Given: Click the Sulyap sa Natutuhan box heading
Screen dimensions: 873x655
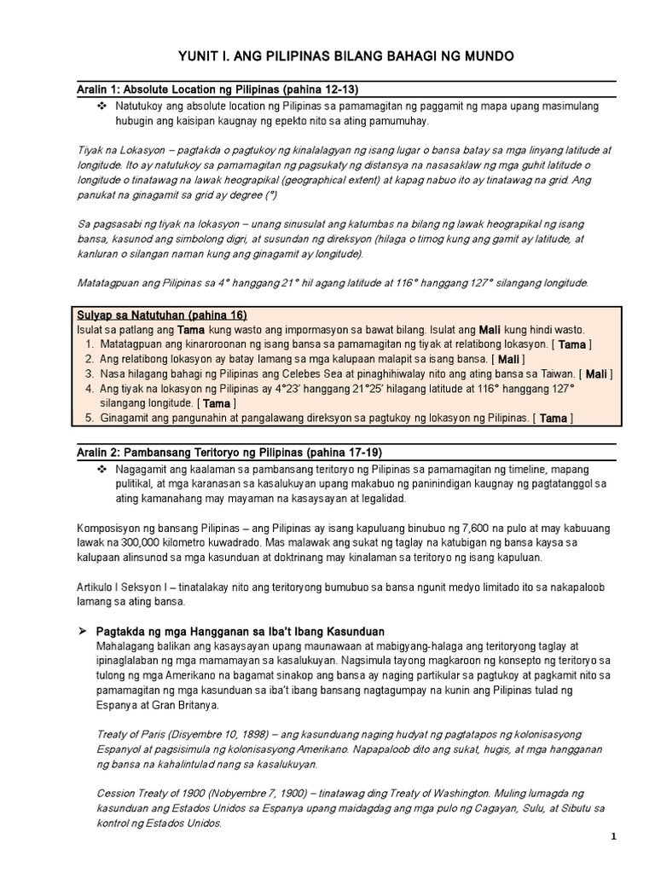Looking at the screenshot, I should [x=161, y=315].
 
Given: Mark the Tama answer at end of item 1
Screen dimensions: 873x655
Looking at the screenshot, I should [x=573, y=344].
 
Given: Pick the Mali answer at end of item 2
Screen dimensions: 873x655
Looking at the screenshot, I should [x=509, y=359].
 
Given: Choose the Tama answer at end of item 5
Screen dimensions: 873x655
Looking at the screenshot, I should [x=554, y=418].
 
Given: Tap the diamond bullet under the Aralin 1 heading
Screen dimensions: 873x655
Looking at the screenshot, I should [x=101, y=106].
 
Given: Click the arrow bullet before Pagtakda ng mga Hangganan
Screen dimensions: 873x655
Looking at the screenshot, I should [x=83, y=631].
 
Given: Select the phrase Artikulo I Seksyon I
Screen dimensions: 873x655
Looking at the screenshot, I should [x=129, y=587].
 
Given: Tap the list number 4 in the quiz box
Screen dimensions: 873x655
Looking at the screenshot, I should [x=90, y=388].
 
